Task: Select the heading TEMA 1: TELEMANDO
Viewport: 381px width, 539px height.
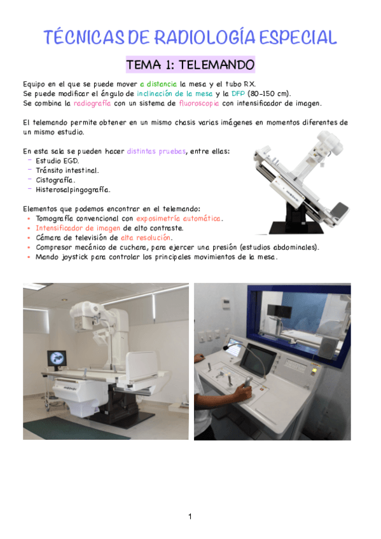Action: click(190, 65)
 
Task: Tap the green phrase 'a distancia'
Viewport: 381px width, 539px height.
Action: click(158, 84)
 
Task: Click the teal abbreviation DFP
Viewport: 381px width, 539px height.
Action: click(238, 93)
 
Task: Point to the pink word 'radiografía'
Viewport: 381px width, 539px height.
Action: click(92, 103)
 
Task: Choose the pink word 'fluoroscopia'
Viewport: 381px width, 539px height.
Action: click(198, 103)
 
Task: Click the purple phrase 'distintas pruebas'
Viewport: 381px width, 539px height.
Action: click(156, 151)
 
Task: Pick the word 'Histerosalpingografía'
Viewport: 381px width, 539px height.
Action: click(73, 190)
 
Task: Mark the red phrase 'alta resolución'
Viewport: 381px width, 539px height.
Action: click(146, 238)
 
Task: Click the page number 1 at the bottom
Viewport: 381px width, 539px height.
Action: click(190, 516)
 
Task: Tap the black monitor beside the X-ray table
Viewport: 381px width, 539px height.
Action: click(57, 358)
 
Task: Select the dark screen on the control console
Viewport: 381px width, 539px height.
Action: click(257, 360)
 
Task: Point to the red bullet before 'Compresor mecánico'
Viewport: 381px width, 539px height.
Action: click(29, 247)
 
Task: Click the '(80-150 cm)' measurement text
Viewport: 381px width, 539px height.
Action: click(269, 93)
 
